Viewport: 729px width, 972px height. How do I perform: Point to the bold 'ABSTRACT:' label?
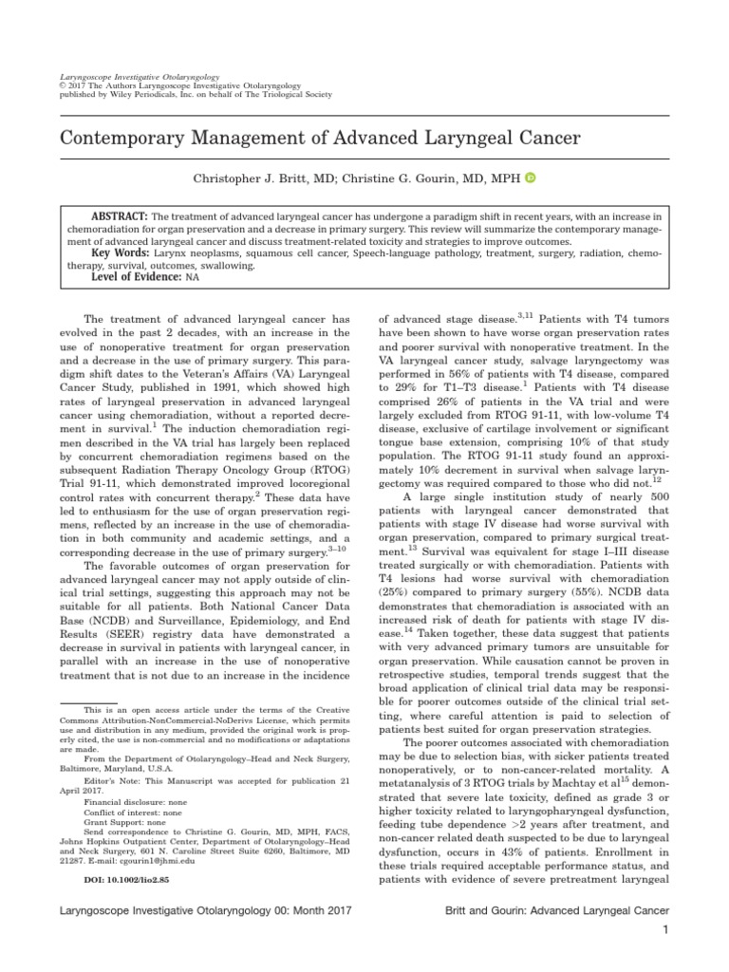(x=119, y=215)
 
